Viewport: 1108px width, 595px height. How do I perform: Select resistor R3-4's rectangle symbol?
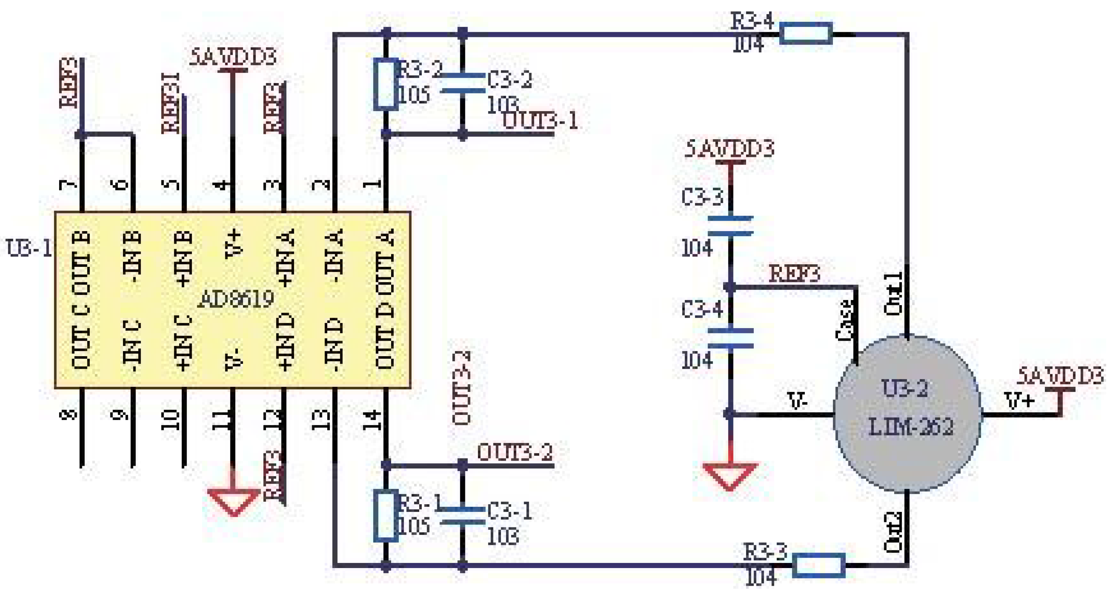(x=806, y=34)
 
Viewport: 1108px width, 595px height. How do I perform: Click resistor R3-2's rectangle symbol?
(x=386, y=84)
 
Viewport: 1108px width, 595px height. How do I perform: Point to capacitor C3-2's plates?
(x=462, y=83)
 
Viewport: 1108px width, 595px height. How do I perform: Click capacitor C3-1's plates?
(x=462, y=516)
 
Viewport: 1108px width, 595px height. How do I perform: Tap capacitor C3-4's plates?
(x=730, y=338)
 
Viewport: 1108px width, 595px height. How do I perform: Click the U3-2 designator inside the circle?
(x=904, y=388)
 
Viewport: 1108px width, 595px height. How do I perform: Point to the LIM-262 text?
(x=910, y=427)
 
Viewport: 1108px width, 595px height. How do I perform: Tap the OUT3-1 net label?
(x=540, y=121)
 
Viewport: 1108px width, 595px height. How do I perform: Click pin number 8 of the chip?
(x=69, y=415)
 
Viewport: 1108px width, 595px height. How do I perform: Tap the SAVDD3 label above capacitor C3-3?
(x=729, y=149)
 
